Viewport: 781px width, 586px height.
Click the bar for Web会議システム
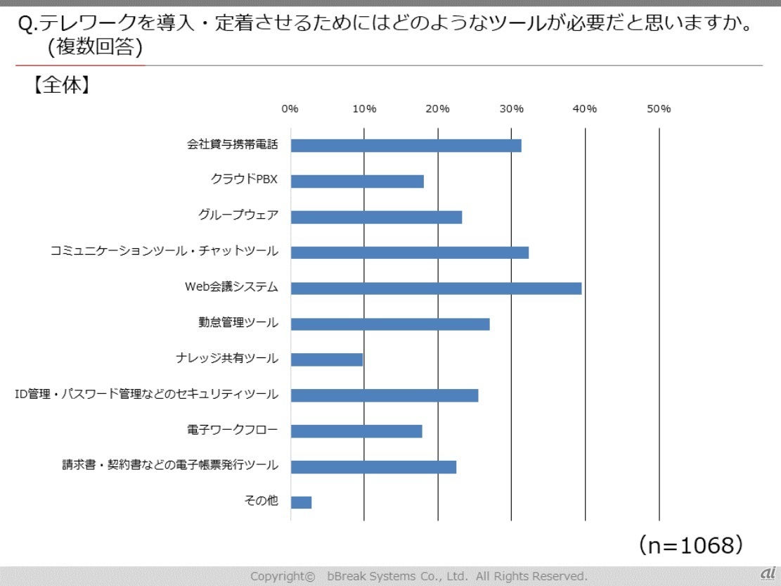436,288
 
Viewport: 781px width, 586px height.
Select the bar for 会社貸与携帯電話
406,146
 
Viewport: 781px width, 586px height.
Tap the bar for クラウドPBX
357,181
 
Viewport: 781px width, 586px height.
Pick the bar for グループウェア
376,217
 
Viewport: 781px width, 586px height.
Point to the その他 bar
301,502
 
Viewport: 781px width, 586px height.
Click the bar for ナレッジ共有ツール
327,359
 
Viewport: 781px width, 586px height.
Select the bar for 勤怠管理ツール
390,324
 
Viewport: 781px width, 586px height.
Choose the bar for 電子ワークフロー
356,431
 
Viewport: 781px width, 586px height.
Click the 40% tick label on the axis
585,108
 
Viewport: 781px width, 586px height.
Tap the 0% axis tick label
290,108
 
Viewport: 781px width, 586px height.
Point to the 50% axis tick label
659,108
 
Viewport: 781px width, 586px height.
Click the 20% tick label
437,108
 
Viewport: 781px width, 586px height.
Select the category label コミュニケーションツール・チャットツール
164,251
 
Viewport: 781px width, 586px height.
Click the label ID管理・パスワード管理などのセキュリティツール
146,394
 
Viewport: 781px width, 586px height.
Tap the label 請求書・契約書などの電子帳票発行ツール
169,465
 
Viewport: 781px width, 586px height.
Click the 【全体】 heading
59,85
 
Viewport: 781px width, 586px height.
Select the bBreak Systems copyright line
418,576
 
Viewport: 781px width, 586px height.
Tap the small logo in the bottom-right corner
767,573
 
